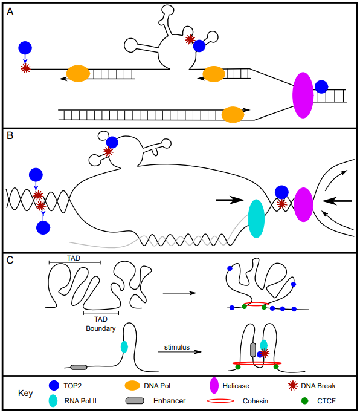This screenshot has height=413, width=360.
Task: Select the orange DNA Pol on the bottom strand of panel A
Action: [233, 114]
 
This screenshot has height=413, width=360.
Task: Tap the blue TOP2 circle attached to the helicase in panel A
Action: [321, 86]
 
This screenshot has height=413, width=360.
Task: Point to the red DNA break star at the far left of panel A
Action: [25, 68]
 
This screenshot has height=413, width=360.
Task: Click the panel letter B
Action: [10, 137]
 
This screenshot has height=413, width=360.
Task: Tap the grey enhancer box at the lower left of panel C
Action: [79, 366]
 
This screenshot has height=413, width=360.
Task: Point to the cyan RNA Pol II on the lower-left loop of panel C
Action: [124, 346]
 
